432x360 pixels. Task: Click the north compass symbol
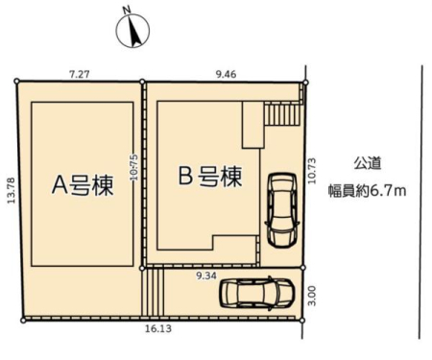tap(132, 31)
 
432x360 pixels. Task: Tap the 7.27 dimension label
tap(80, 74)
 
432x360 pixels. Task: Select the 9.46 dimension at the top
tap(226, 74)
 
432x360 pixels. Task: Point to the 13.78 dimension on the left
tap(12, 190)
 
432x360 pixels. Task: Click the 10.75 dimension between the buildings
tap(134, 167)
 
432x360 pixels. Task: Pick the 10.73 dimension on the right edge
tap(312, 171)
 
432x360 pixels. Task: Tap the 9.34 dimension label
tap(206, 276)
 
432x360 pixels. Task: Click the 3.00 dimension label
tap(313, 296)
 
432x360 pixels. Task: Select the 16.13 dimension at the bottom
tap(158, 328)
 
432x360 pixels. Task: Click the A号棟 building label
tap(83, 185)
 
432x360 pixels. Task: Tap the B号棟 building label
tap(210, 176)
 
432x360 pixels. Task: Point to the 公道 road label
tap(368, 163)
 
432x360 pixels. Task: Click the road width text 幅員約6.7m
tap(368, 191)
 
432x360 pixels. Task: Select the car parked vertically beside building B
tap(282, 210)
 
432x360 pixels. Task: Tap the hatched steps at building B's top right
tap(282, 113)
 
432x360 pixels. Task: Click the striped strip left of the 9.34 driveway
tap(153, 292)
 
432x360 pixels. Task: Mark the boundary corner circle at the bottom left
tap(23, 320)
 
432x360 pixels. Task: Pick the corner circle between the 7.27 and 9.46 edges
tap(143, 82)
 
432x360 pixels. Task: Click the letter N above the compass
tap(128, 11)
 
